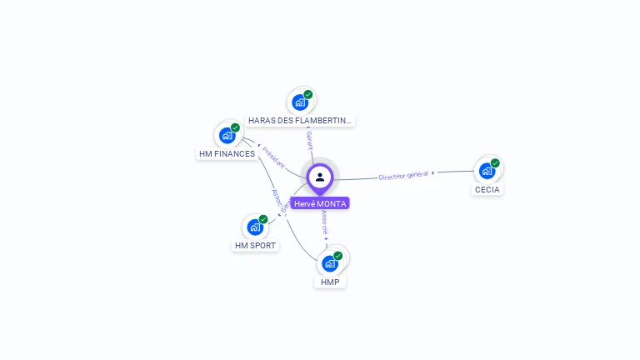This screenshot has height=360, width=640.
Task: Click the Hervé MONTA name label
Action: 320,203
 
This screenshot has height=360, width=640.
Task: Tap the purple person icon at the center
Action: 320,177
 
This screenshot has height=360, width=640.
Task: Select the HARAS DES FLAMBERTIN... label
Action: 300,121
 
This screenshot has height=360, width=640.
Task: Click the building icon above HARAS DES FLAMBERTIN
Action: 300,102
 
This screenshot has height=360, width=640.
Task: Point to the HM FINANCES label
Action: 227,154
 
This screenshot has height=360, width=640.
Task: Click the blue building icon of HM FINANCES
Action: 227,135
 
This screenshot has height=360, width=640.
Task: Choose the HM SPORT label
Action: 255,246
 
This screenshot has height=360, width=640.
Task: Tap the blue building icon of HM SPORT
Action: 255,227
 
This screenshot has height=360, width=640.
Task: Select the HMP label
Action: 330,282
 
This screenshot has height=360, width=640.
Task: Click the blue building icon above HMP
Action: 330,263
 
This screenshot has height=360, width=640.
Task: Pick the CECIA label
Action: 487,190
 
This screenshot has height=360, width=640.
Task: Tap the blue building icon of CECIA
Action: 487,171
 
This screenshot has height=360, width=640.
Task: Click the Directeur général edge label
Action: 403,175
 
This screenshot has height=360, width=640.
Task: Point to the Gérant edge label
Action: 309,139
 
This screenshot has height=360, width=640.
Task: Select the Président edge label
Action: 272,157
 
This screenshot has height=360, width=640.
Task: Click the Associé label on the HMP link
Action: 324,222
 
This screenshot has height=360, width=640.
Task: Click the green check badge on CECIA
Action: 495,163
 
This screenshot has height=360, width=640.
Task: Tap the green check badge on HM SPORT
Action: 263,219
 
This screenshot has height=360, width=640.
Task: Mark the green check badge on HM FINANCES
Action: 235,127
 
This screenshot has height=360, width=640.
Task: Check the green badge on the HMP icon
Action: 338,256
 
